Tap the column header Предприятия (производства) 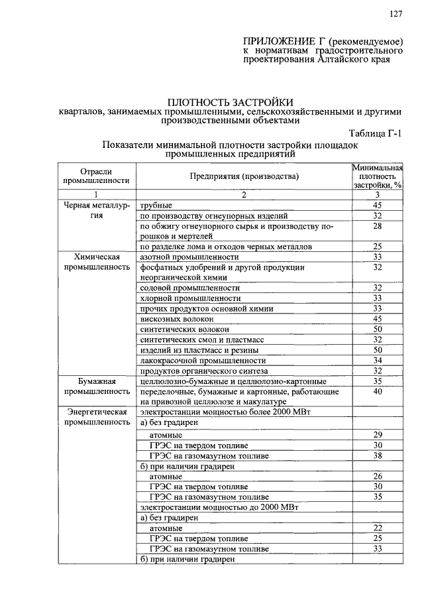tap(244, 176)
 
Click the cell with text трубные tap(156, 206)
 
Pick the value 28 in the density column tap(377, 226)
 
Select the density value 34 tap(377, 360)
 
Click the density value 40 tap(377, 392)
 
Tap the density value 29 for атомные tap(377, 434)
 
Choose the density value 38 tap(377, 455)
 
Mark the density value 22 tap(377, 528)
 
